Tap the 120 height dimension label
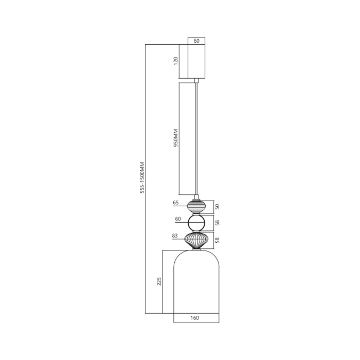(175, 61)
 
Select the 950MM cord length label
(175, 138)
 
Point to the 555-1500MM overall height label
(142, 177)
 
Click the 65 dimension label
(176, 203)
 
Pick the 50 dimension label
(217, 206)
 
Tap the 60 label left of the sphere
(177, 219)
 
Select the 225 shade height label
(159, 282)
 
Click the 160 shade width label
(195, 318)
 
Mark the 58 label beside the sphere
(217, 223)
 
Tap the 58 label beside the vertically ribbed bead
(217, 240)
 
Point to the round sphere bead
(196, 223)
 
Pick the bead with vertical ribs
(196, 240)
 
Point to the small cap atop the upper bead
(196, 197)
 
